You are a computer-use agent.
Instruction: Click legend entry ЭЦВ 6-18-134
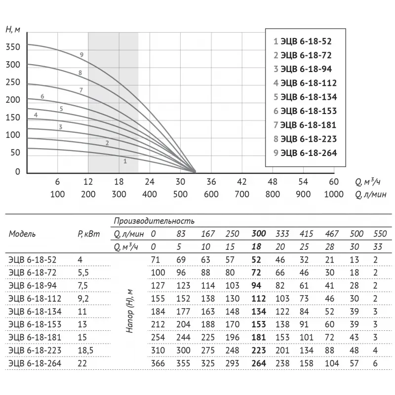305,97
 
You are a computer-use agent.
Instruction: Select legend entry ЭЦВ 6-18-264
305,153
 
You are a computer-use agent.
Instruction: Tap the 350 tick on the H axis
13,47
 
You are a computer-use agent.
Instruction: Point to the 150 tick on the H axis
13,118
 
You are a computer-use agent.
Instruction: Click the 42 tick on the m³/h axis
242,181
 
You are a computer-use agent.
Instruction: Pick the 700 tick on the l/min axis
242,194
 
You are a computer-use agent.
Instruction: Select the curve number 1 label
125,160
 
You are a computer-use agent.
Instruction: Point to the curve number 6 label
42,96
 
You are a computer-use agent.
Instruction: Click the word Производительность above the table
154,221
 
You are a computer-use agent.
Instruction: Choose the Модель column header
22,234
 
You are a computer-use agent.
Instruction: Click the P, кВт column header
87,234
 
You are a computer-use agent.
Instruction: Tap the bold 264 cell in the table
259,363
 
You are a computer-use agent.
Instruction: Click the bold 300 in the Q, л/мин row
259,234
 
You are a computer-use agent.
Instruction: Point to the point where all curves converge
194,171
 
